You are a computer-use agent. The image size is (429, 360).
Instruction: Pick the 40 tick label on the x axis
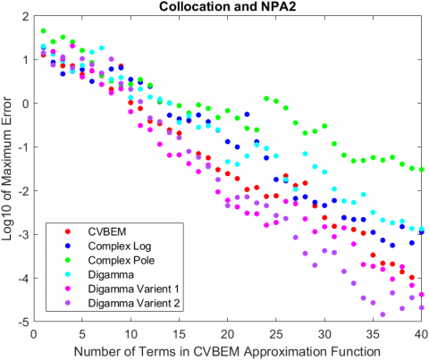click(422, 331)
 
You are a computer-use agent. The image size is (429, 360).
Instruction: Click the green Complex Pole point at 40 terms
click(422, 169)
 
